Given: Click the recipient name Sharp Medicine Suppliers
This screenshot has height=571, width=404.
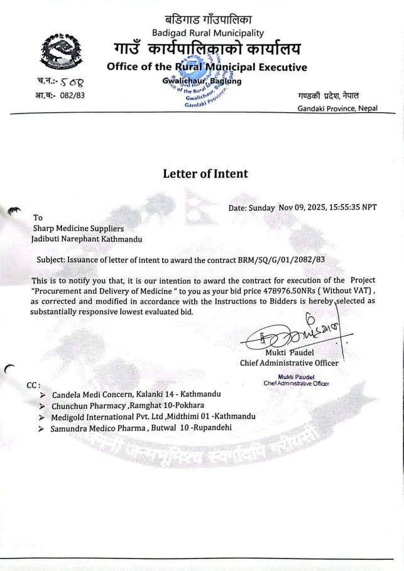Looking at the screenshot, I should coord(79,229).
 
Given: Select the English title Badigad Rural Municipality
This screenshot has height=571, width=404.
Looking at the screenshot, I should coord(208,33).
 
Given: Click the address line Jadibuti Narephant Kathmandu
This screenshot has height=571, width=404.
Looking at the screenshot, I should coord(86,239).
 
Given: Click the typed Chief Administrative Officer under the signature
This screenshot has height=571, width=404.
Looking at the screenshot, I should coord(289,362).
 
